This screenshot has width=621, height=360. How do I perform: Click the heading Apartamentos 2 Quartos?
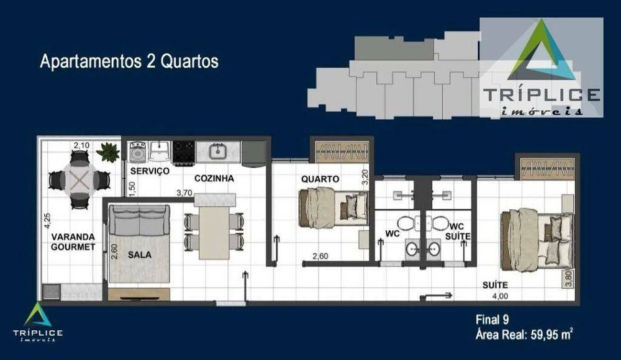coord(129,62)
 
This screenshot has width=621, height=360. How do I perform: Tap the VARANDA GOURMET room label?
coord(73,241)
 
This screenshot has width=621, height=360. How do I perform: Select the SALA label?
coord(140,254)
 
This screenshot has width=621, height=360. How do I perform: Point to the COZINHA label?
coord(214,178)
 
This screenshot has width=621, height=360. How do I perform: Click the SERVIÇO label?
coord(150,171)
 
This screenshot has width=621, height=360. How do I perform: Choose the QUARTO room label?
coord(320,179)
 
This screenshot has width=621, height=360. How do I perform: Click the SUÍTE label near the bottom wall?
coord(495,285)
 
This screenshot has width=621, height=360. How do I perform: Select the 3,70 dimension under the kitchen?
coord(184,193)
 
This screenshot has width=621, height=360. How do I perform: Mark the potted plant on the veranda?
coord(109,151)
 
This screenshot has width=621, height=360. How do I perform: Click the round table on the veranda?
coord(79,180)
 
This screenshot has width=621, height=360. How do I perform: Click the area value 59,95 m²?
coord(551,336)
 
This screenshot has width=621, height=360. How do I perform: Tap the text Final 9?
coord(492,321)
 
